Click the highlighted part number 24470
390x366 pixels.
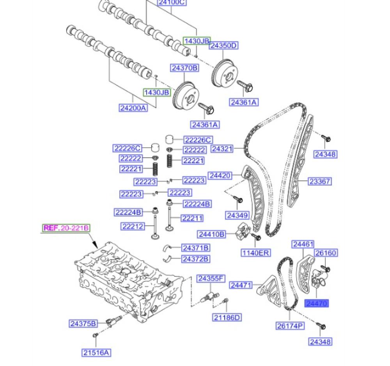tap(317, 303)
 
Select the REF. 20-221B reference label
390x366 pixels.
tap(66, 228)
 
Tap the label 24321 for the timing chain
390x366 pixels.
tap(222, 149)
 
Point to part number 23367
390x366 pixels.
tap(320, 181)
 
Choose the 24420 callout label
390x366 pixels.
tap(220, 176)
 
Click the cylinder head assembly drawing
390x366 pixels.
tap(129, 285)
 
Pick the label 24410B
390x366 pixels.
tap(211, 234)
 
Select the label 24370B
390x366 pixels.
tap(184, 68)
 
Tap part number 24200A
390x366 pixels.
tap(133, 108)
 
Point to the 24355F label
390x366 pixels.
tap(211, 278)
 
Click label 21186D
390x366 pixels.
tap(227, 317)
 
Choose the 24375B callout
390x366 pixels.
tap(83, 323)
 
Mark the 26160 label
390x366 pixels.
tap(326, 253)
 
